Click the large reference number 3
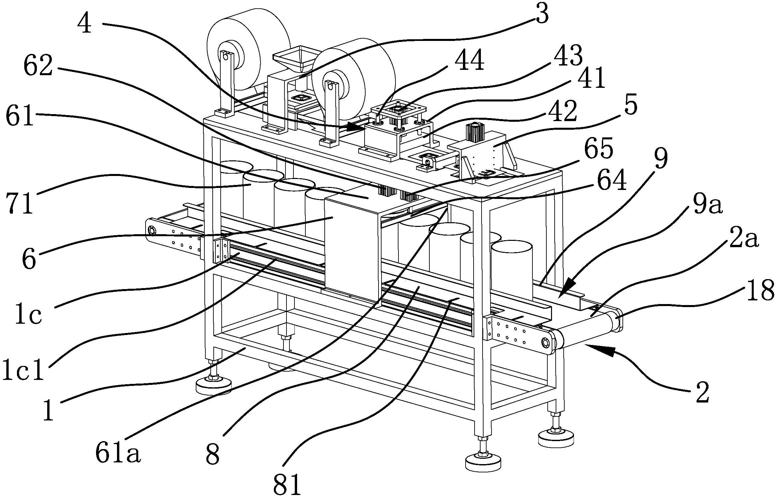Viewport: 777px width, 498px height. click(x=541, y=15)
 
